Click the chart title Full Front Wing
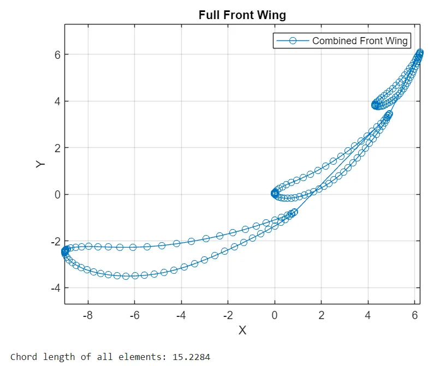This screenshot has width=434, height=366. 242,15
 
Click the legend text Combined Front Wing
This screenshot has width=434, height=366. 360,41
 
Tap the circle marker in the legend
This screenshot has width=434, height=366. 292,41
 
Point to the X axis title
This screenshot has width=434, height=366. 242,330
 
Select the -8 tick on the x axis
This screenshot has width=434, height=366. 87,315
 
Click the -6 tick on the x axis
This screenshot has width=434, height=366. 134,315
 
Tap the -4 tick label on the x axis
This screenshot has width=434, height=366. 181,315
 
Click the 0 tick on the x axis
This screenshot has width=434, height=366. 275,315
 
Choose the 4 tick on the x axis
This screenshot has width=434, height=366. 368,315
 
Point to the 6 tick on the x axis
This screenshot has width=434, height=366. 414,315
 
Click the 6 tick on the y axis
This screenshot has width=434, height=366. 56,55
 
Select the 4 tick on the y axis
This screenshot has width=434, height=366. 56,101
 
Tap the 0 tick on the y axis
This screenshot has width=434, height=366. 56,195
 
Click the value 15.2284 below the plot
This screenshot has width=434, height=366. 191,357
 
